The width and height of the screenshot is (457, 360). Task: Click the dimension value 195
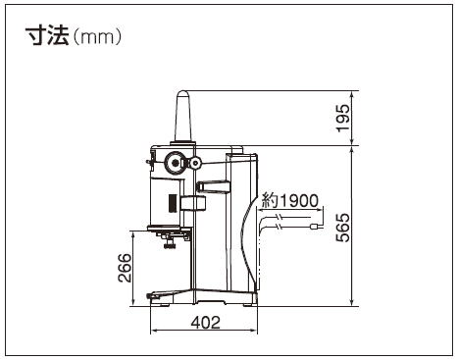pos(343,118)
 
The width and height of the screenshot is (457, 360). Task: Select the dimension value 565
pos(343,228)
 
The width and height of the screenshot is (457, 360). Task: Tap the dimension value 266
pos(125,268)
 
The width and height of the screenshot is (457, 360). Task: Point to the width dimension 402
pos(206,323)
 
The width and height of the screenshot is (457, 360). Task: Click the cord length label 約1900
pos(289,201)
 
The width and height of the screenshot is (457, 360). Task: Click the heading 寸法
pos(48,35)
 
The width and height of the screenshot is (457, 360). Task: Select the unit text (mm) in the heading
pos(97,37)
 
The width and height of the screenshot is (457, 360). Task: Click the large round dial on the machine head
pos(176,162)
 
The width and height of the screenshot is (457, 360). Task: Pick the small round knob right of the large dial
pos(196,162)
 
